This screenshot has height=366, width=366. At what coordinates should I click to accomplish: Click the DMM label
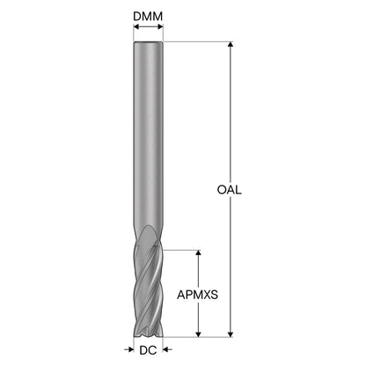(148, 17)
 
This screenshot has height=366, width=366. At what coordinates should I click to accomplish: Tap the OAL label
(230, 190)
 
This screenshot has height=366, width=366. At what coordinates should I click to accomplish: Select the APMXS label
(197, 295)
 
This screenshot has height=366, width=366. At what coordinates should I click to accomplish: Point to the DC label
(148, 350)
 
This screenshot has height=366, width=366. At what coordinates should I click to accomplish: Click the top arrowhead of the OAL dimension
(231, 44)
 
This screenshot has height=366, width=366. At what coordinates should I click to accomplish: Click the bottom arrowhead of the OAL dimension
(231, 334)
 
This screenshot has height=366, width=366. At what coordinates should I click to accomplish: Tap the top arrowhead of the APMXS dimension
(199, 253)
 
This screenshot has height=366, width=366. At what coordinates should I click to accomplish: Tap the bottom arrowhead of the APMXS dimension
(199, 334)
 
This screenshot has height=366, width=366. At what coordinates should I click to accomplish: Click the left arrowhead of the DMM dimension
(136, 27)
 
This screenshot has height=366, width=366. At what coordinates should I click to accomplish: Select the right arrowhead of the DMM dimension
(160, 27)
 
